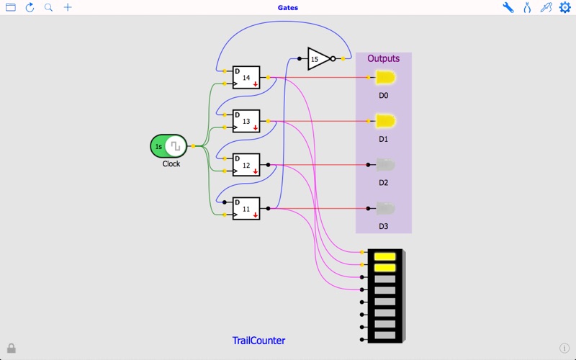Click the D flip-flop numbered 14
[246, 78]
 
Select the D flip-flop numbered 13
[246, 122]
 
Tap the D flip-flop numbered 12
[246, 166]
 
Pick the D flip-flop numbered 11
[246, 209]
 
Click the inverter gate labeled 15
[319, 59]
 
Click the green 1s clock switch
[168, 146]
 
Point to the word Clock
[171, 164]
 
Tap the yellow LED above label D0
[384, 78]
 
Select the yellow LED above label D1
[384, 121]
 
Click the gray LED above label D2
[384, 165]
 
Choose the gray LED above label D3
[384, 209]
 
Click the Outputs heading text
[383, 59]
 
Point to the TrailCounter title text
[258, 341]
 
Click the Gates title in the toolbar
[288, 8]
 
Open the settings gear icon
[565, 8]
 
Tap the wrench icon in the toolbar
[508, 8]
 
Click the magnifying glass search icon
[48, 8]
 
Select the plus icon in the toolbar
[68, 8]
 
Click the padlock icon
[12, 348]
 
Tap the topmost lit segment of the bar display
[385, 256]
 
